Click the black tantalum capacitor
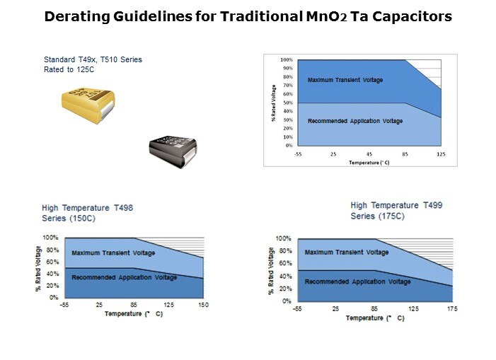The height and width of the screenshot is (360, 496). [172, 151]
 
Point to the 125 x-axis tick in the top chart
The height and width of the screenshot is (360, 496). [442, 153]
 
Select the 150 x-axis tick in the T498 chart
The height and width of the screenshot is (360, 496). [203, 305]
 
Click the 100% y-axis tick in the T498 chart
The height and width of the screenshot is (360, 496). [51, 238]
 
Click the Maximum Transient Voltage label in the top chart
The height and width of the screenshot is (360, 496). [345, 80]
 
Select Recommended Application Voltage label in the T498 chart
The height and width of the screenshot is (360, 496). [124, 277]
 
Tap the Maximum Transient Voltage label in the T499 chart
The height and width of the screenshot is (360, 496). [347, 252]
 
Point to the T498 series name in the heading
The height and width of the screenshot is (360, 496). [121, 208]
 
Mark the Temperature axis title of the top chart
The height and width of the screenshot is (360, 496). [369, 163]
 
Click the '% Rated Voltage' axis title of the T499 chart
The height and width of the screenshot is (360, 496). [272, 271]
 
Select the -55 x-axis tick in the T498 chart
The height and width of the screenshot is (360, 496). [64, 305]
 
